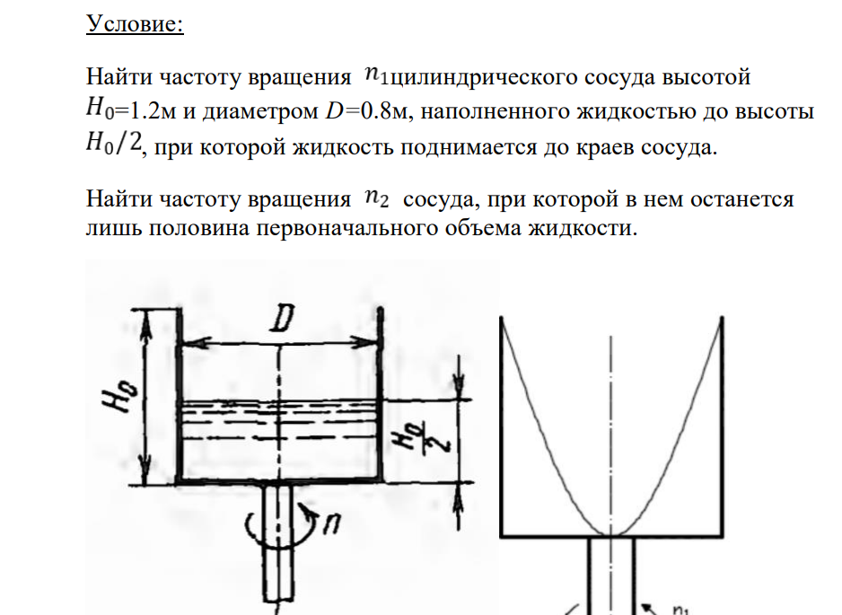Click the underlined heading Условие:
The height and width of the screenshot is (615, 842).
135,25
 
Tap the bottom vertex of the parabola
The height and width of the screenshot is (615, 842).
612,535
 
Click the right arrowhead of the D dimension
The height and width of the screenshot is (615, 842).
370,343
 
